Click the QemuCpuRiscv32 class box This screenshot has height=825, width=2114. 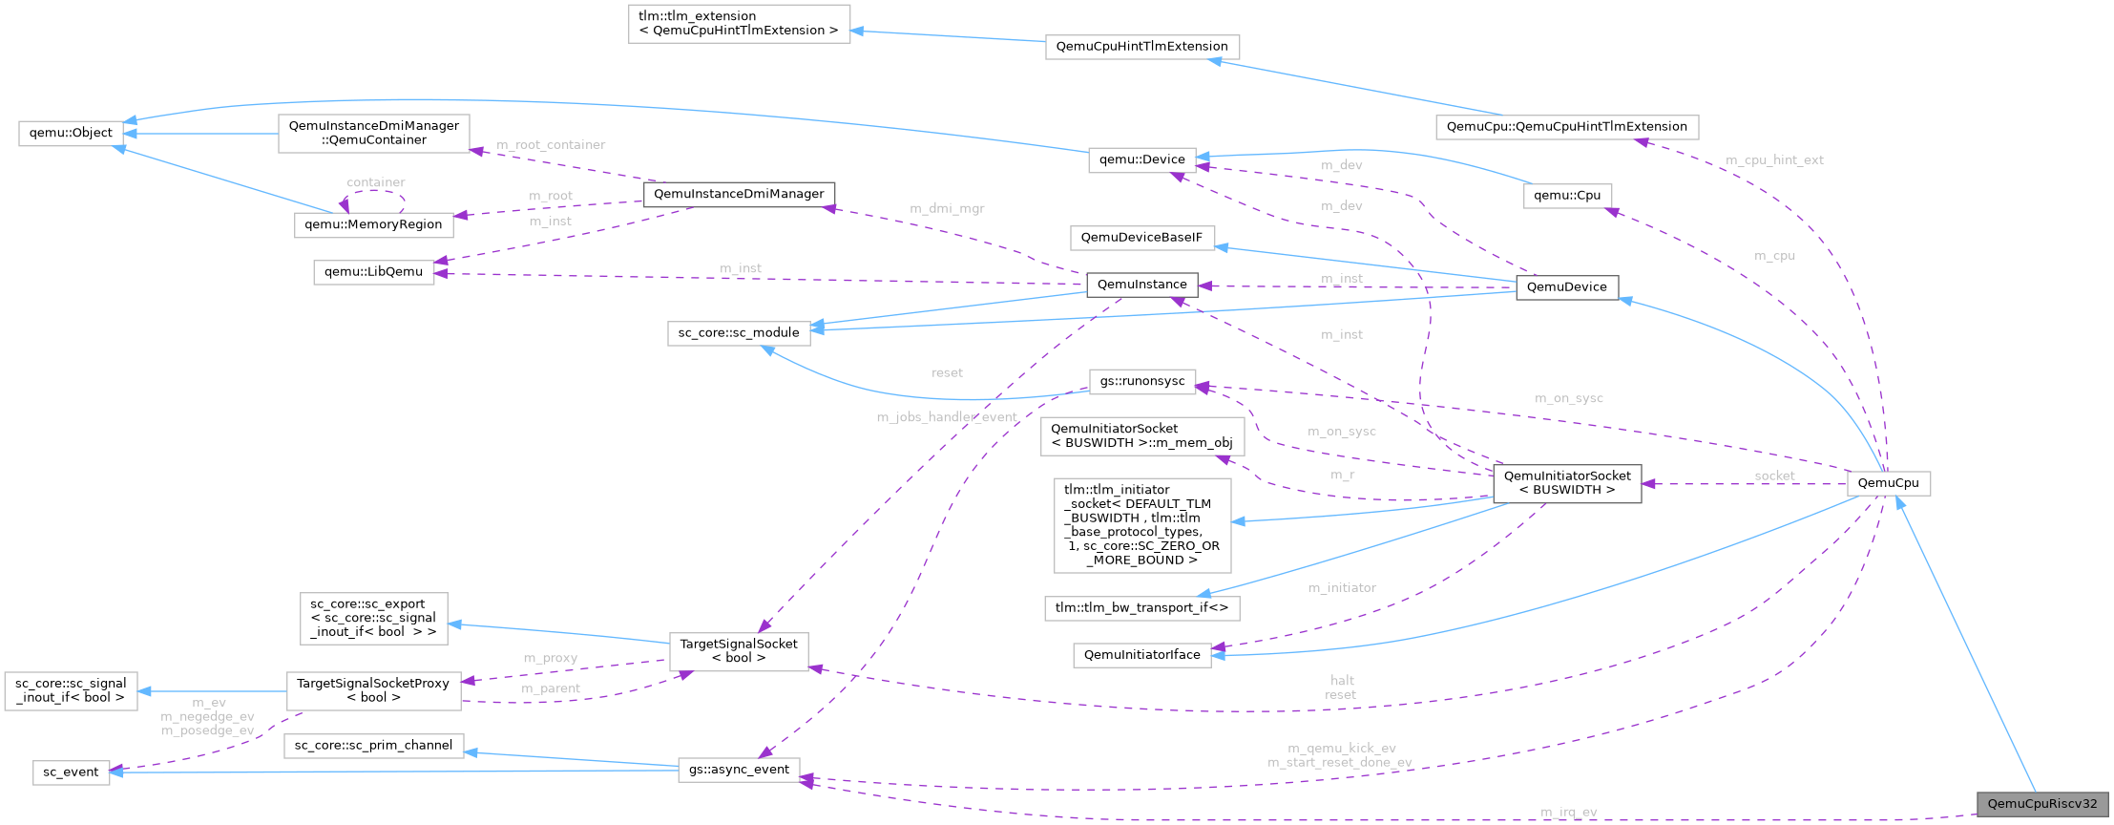(x=2041, y=803)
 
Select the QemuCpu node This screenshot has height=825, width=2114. (x=1888, y=483)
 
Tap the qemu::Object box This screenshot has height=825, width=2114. (x=71, y=133)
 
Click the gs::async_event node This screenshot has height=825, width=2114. (x=739, y=770)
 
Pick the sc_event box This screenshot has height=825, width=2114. (x=71, y=772)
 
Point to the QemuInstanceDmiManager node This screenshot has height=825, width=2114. (x=739, y=194)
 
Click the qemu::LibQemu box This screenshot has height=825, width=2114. (x=373, y=272)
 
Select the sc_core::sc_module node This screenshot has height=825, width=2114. (x=739, y=332)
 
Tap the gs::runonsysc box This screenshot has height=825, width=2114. (x=1141, y=381)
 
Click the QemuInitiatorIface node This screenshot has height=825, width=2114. (x=1141, y=655)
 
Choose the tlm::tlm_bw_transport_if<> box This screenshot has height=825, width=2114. (x=1141, y=607)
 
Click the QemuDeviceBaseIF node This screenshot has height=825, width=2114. (x=1141, y=238)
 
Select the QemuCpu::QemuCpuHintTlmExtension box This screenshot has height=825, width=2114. (x=1566, y=127)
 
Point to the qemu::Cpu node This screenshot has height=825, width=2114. (x=1567, y=196)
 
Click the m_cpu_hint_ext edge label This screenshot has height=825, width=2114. (x=1774, y=160)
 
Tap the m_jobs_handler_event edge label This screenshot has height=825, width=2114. (x=946, y=417)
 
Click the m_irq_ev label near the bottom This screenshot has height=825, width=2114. (x=1568, y=813)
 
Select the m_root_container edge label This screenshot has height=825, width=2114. (x=551, y=145)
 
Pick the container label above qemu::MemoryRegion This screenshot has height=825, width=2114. (x=375, y=182)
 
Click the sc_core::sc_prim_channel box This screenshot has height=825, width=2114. (x=373, y=746)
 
